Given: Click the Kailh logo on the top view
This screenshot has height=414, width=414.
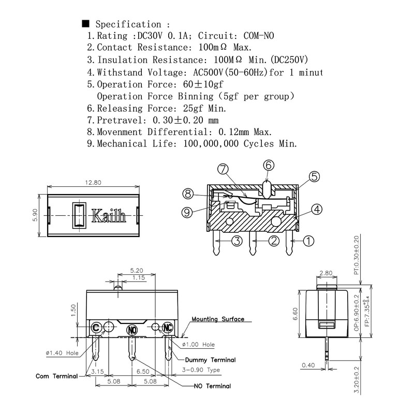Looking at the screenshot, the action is pyautogui.click(x=109, y=216).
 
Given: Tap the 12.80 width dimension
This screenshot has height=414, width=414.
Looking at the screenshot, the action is pyautogui.click(x=93, y=183).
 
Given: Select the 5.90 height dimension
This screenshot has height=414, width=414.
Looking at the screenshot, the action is pyautogui.click(x=35, y=215).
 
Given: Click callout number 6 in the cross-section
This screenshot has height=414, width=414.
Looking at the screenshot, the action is pyautogui.click(x=269, y=165).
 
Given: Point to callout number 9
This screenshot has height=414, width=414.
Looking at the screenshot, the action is pyautogui.click(x=187, y=212).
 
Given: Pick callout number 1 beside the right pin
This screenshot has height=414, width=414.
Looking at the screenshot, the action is pyautogui.click(x=308, y=241).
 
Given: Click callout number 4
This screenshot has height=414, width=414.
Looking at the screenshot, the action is pyautogui.click(x=317, y=210).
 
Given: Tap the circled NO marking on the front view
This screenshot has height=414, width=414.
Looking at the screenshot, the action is pyautogui.click(x=132, y=330).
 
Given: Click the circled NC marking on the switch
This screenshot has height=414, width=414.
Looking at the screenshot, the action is pyautogui.click(x=168, y=328).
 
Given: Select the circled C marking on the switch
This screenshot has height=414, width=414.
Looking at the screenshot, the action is pyautogui.click(x=96, y=328).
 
